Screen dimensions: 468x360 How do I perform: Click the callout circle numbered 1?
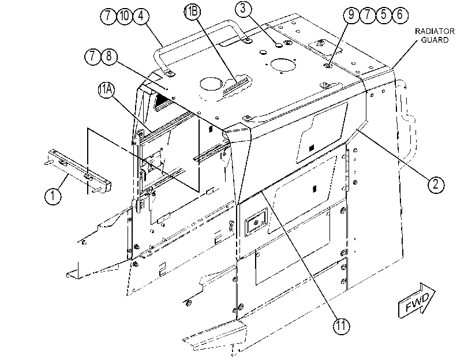[53, 196]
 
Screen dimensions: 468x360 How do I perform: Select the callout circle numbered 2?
[436, 184]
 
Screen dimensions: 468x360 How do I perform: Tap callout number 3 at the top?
[242, 9]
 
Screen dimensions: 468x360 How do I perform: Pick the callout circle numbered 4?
[141, 16]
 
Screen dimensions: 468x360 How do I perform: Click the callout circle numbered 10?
[125, 16]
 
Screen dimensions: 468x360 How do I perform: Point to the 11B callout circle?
[193, 12]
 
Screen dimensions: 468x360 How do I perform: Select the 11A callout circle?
[106, 90]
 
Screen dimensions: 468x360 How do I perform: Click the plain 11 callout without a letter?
[341, 325]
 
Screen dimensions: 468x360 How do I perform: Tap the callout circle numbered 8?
[109, 57]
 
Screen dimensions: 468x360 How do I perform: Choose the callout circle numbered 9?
[351, 14]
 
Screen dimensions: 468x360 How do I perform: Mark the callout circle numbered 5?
[384, 14]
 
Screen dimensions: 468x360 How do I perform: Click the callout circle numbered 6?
[400, 14]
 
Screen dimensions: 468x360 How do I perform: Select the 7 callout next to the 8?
[93, 57]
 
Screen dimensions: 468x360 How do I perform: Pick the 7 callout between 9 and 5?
[368, 14]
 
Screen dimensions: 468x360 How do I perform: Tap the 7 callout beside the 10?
[108, 16]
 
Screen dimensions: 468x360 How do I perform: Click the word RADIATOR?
[435, 31]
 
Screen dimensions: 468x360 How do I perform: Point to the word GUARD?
[435, 40]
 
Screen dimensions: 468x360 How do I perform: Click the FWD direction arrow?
[417, 301]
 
